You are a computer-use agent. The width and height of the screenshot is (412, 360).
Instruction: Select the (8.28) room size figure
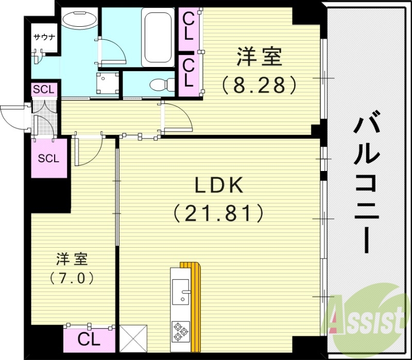click(x=259, y=83)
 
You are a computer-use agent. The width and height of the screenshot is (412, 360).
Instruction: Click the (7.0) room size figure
click(x=72, y=278)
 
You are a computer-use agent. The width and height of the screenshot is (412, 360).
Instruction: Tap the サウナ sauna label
click(x=43, y=37)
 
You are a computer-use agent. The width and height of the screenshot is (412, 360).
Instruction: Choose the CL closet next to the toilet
click(x=188, y=73)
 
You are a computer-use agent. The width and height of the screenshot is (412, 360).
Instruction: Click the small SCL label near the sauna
click(x=43, y=89)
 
